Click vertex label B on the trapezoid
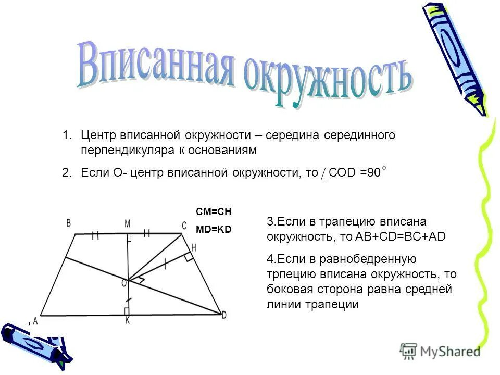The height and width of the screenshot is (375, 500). coord(68,223)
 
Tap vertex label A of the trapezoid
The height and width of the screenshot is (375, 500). coord(35,322)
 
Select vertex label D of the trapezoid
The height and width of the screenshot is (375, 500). coord(224,315)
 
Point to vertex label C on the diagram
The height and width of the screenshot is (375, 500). coord(184,225)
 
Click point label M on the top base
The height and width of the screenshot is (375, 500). coord(127,223)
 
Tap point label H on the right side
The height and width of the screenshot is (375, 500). coord(194,248)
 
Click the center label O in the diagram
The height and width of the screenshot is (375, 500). coord(124,282)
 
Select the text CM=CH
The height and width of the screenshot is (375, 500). coord(213,212)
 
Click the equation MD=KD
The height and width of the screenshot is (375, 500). coord(213,229)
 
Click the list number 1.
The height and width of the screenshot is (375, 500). coord(66,135)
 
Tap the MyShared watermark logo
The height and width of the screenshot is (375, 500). coord(440,351)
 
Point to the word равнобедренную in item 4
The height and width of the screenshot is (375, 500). coord(368,259)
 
